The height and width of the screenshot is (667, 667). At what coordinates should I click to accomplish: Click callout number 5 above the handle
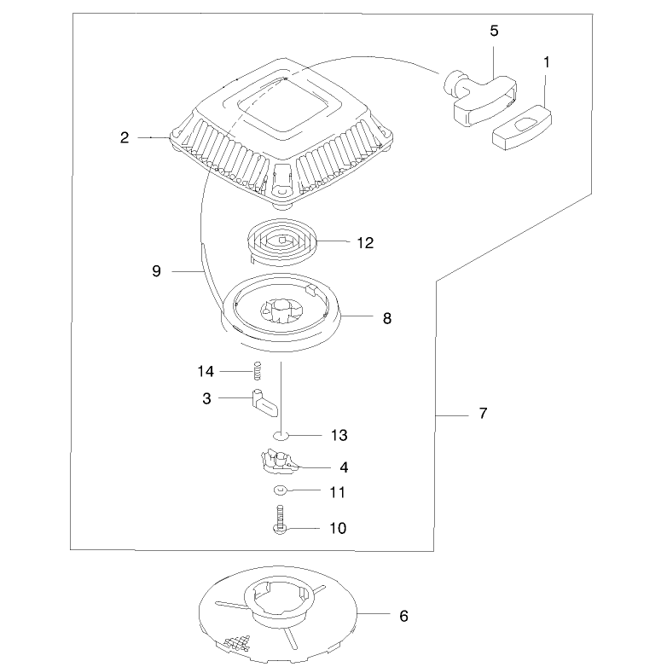pyautogui.click(x=494, y=31)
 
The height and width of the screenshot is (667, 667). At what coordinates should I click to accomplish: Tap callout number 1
pyautogui.click(x=547, y=62)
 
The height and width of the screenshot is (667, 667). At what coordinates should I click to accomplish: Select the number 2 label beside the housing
pyautogui.click(x=125, y=138)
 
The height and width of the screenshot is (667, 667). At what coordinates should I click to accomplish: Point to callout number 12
pyautogui.click(x=365, y=243)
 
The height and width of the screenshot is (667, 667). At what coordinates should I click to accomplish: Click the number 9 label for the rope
pyautogui.click(x=157, y=271)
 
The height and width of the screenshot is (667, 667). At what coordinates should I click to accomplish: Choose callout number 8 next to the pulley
pyautogui.click(x=387, y=318)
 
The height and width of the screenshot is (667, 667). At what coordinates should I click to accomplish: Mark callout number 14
pyautogui.click(x=206, y=371)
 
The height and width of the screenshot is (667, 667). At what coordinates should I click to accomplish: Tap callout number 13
pyautogui.click(x=339, y=436)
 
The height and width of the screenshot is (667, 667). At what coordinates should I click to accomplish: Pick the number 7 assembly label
pyautogui.click(x=483, y=413)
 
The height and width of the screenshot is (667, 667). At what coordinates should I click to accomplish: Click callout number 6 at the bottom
pyautogui.click(x=403, y=616)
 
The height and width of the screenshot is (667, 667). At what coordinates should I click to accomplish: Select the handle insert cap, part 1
pyautogui.click(x=522, y=128)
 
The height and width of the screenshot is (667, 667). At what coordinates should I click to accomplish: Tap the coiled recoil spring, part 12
pyautogui.click(x=282, y=243)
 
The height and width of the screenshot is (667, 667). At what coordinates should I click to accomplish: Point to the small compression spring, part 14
pyautogui.click(x=257, y=370)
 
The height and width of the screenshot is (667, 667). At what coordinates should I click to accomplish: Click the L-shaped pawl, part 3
pyautogui.click(x=264, y=403)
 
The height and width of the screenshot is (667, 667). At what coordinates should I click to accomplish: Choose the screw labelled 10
pyautogui.click(x=280, y=519)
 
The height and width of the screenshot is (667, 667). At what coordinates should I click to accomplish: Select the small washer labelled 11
pyautogui.click(x=280, y=490)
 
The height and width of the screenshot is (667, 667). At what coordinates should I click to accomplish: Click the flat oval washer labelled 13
pyautogui.click(x=281, y=436)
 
